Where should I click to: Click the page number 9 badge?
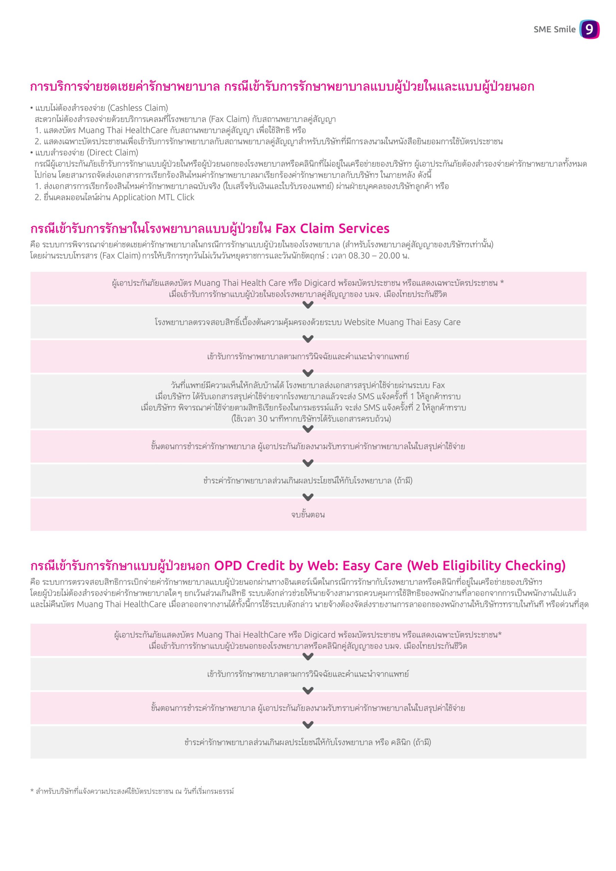pyautogui.click(x=589, y=29)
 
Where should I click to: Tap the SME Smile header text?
pyautogui.click(x=554, y=30)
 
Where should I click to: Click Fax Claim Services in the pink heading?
pyautogui.click(x=332, y=228)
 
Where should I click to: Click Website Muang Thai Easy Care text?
pyautogui.click(x=402, y=322)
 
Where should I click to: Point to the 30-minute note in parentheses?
pyautogui.click(x=311, y=419)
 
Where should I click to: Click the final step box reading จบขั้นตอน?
pyautogui.click(x=308, y=515)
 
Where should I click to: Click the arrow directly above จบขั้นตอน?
pyautogui.click(x=308, y=497)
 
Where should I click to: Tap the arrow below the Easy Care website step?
pyautogui.click(x=308, y=339)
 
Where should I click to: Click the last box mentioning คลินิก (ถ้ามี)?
pyautogui.click(x=308, y=742)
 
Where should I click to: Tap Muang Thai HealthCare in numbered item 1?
pyautogui.click(x=123, y=130)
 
